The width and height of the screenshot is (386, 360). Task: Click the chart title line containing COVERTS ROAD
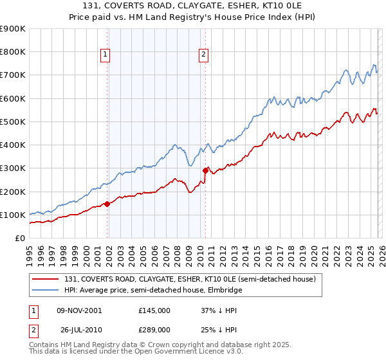tap(192, 6)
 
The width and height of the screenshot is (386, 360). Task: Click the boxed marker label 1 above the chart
tap(106, 55)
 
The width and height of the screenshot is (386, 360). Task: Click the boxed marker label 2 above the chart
tap(203, 55)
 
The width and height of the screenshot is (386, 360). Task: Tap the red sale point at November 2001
tap(107, 204)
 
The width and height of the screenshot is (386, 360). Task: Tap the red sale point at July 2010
tap(206, 170)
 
